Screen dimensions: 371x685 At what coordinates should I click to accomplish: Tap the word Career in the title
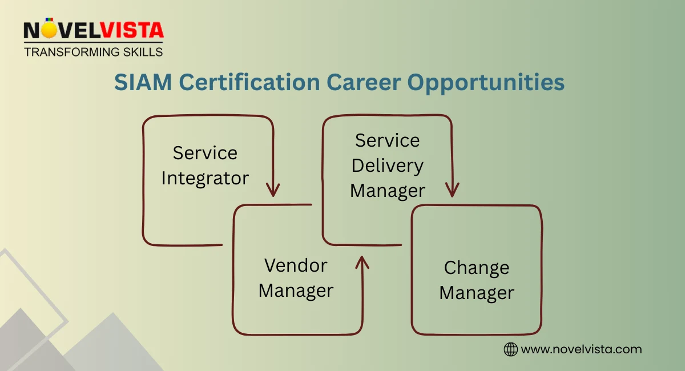tap(363, 82)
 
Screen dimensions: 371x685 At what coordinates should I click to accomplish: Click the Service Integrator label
tap(205, 165)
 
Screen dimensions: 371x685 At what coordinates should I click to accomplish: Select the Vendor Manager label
tap(296, 278)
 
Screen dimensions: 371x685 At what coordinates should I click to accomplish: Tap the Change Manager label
tap(477, 280)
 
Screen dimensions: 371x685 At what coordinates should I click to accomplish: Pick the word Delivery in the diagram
tap(388, 166)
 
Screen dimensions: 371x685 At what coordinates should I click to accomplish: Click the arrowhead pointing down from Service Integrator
tap(273, 189)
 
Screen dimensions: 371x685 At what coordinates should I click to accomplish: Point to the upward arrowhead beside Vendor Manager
tap(361, 263)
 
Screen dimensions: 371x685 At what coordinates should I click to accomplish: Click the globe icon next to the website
tap(510, 349)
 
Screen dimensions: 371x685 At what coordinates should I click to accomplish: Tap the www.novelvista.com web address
tap(582, 349)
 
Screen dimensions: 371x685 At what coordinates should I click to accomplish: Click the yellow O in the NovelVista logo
tap(50, 30)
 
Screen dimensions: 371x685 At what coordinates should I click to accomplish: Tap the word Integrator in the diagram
tap(205, 178)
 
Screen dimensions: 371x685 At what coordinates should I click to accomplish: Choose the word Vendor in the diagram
tap(296, 265)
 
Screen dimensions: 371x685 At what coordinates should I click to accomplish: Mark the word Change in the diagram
tap(477, 268)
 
